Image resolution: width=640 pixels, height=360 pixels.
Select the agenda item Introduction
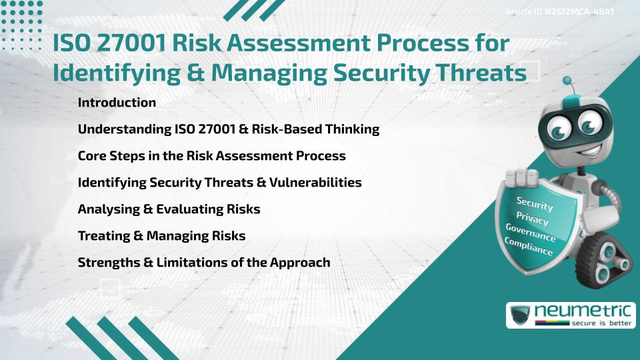[x=117, y=103]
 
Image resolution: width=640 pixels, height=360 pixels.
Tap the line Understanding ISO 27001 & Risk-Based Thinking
[x=228, y=129]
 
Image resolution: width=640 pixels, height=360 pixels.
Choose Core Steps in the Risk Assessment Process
[x=211, y=156]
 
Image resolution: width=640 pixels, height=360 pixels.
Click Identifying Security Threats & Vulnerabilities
[x=219, y=183]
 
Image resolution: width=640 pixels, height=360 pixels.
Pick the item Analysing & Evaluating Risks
[x=169, y=209]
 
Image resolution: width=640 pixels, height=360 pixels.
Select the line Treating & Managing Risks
[x=161, y=236]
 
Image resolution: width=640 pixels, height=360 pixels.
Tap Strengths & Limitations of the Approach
[x=203, y=263]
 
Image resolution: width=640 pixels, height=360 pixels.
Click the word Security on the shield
[x=535, y=204]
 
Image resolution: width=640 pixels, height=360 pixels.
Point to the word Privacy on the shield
[x=533, y=219]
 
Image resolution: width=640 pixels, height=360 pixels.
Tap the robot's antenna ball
[x=568, y=81]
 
